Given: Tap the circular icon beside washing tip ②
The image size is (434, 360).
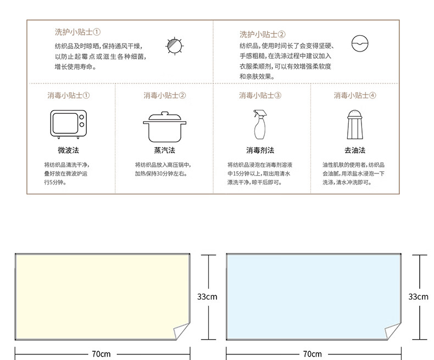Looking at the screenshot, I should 360,43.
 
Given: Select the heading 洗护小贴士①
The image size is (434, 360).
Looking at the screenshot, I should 77,32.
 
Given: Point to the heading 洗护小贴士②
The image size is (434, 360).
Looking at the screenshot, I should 262,34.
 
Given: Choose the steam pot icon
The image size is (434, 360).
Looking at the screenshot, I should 164,126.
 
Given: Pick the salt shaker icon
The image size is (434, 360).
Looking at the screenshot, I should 354,125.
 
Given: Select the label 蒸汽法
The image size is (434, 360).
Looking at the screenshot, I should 164,150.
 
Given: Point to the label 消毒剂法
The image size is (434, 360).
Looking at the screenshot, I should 260,150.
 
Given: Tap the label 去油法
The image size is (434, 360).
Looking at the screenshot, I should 354,150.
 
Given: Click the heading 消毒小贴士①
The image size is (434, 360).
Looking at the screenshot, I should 69,95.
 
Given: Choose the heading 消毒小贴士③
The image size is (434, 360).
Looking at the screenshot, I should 260,95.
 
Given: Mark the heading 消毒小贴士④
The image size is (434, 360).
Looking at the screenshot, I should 355,95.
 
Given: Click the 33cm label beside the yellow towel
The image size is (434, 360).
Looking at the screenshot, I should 207,297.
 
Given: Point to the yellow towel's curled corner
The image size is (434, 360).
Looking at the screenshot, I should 181,332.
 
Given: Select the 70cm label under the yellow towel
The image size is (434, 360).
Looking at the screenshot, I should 101,354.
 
